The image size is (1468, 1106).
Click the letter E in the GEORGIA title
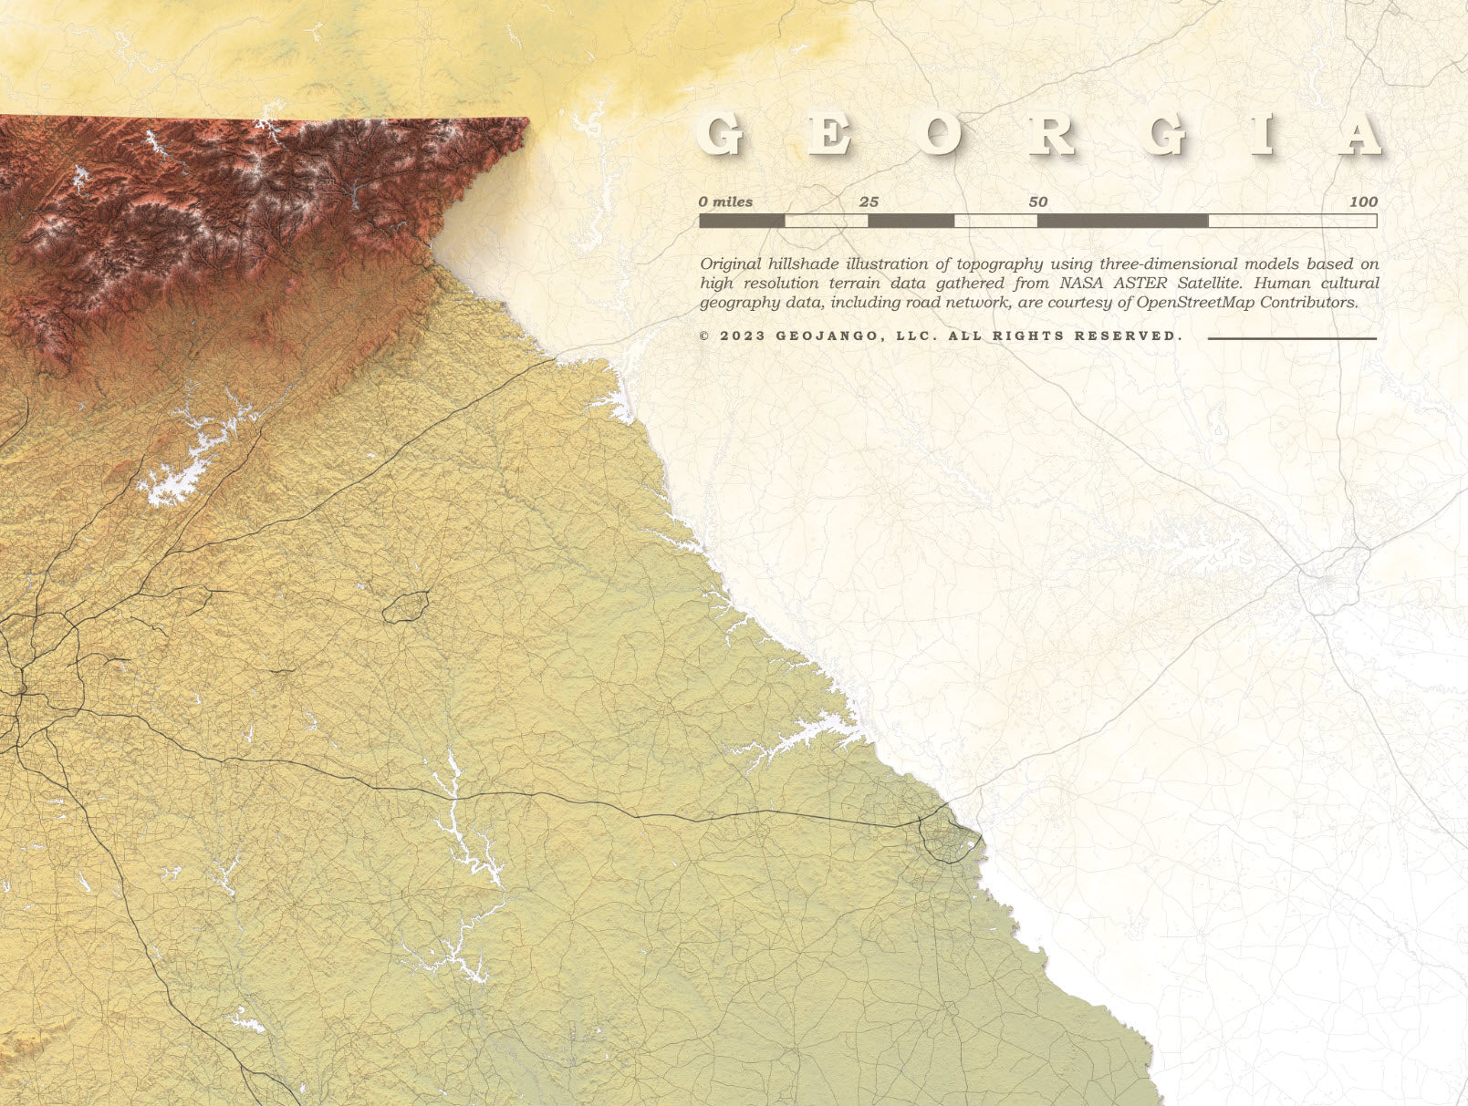click(x=829, y=135)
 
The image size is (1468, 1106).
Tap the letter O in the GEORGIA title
click(x=939, y=135)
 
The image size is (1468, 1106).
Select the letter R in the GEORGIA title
click(x=1052, y=135)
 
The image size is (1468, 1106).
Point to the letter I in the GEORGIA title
click(x=1263, y=135)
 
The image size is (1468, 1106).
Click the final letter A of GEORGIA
click(x=1359, y=135)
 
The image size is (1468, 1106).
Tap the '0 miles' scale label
click(x=726, y=202)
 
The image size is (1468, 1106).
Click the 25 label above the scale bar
click(x=869, y=202)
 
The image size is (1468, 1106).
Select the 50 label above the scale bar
click(x=1038, y=202)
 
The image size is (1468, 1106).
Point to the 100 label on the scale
click(x=1363, y=202)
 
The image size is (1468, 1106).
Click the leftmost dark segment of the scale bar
click(x=742, y=221)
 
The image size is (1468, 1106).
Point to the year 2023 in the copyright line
click(x=739, y=336)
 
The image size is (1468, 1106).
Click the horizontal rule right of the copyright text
click(x=1292, y=338)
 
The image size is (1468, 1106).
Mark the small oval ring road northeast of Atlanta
click(x=406, y=605)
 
